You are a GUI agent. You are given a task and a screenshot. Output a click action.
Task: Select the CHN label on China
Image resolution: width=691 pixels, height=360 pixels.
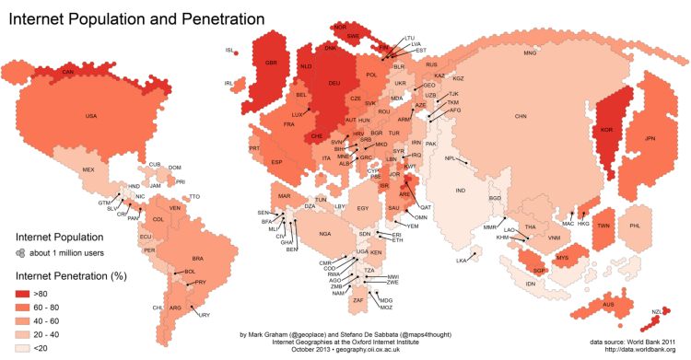[x=521, y=117]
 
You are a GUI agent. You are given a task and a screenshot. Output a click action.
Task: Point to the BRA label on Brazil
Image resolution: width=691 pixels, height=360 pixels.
[x=197, y=259]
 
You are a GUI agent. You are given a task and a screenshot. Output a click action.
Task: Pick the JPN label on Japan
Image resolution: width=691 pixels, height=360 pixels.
[x=650, y=138]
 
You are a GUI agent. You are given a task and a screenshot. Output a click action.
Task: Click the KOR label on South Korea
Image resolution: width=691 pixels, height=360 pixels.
[x=606, y=130]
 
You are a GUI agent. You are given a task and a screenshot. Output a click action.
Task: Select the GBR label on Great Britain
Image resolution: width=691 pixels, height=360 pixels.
[x=271, y=63]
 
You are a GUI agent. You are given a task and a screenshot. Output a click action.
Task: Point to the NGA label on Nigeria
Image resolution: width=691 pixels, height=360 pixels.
[x=324, y=234]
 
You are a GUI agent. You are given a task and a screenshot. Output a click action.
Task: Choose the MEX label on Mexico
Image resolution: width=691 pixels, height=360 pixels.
[x=88, y=170]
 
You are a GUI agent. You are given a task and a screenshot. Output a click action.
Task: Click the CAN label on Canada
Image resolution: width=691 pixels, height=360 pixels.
[x=66, y=71]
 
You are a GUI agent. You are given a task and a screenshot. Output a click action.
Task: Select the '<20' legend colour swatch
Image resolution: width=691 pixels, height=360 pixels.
[x=26, y=349]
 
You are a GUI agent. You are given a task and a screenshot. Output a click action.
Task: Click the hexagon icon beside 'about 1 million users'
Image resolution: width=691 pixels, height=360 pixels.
[x=19, y=252]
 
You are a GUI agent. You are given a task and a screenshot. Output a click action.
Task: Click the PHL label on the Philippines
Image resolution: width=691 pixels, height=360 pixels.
[x=634, y=226]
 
